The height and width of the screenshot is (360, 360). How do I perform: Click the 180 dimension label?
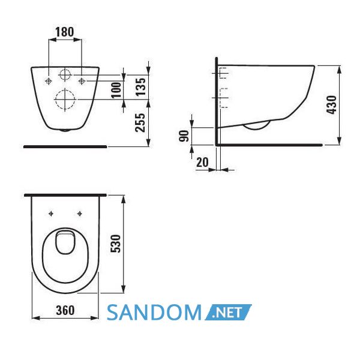coord(65,32)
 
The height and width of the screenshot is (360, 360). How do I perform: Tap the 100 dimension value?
coord(116,90)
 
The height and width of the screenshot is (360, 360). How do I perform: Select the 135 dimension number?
coord(140,86)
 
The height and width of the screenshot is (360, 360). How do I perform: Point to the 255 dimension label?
coord(140,122)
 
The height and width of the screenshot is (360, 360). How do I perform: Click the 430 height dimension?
coord(332,104)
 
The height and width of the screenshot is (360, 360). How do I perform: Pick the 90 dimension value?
coord(184,136)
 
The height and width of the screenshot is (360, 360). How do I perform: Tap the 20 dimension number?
coord(202,163)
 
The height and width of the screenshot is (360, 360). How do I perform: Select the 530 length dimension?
coord(115,244)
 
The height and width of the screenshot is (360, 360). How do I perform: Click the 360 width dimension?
coord(65,310)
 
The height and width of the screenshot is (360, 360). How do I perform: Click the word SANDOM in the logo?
coord(154,312)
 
